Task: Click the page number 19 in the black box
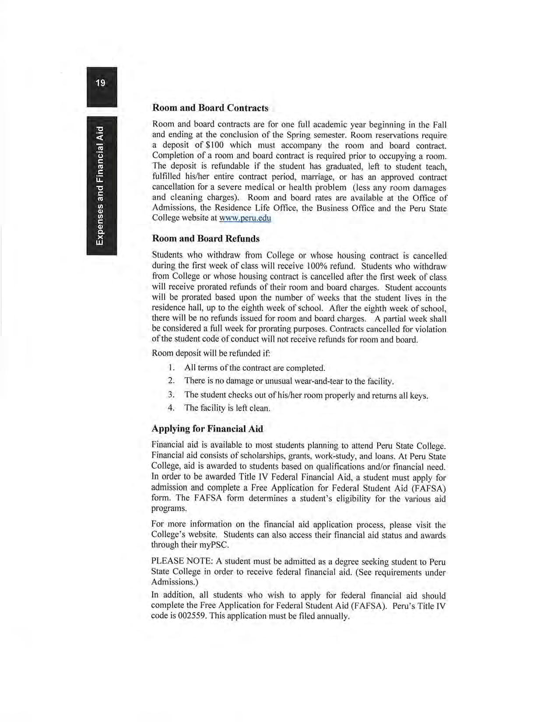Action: (101, 82)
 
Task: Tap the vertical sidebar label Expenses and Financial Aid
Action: (101, 186)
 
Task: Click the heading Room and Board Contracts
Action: (210, 108)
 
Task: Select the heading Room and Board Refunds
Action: (205, 238)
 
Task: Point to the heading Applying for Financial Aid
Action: (207, 428)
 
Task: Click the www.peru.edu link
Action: (245, 218)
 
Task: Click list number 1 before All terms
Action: (172, 368)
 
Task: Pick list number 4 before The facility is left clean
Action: (172, 408)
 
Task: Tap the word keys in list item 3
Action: (418, 396)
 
